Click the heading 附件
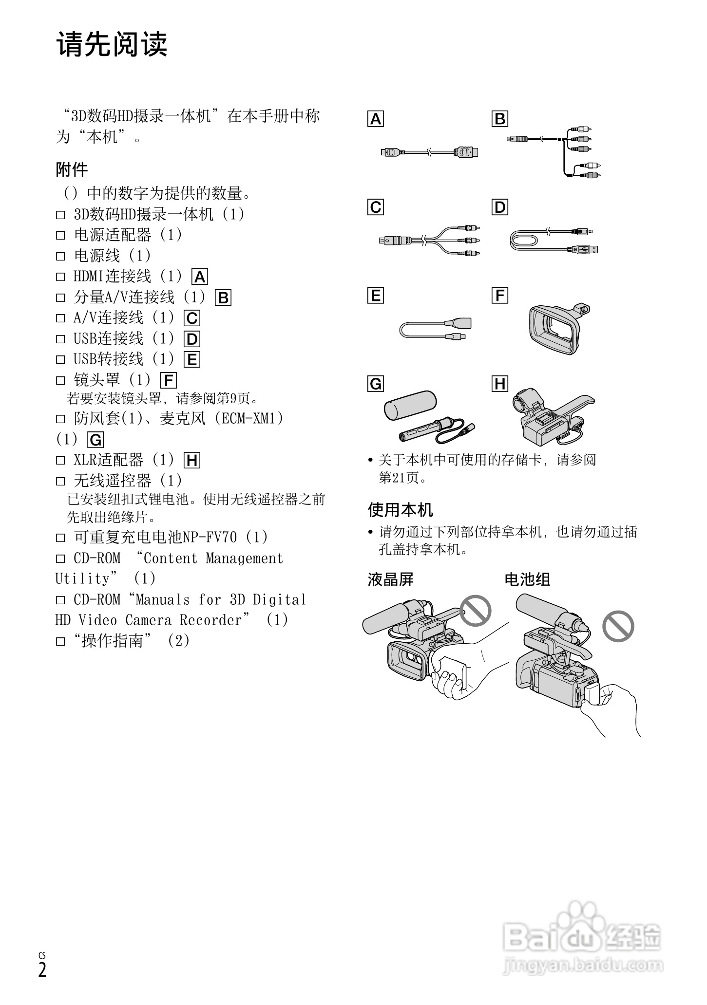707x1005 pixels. (72, 170)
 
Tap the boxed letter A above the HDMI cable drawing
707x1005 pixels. (376, 119)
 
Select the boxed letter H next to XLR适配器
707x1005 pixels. (192, 460)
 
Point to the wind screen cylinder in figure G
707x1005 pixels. (410, 405)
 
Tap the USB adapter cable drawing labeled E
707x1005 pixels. (434, 329)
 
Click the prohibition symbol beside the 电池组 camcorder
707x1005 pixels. (618, 626)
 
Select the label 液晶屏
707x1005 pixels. (390, 579)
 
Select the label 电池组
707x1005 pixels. (527, 579)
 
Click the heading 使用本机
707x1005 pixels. (400, 510)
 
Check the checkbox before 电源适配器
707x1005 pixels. (60, 236)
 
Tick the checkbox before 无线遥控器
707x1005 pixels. (60, 482)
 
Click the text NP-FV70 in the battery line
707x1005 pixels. (210, 537)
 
